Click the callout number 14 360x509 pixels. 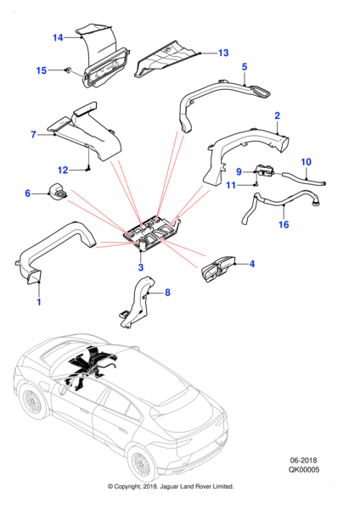pos(58,37)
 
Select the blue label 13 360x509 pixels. pos(223,53)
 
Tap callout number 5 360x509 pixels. pos(245,67)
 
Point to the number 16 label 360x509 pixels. pos(284,224)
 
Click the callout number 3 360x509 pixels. pos(141,267)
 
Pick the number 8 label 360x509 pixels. pos(167,293)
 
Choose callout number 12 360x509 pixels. pos(63,170)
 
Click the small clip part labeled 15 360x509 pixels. pos(69,70)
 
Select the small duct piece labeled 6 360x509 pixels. pos(58,192)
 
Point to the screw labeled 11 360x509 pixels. pos(256,184)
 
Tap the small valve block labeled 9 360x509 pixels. pos(266,171)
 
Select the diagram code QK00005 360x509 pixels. pos(304,469)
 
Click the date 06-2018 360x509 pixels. pos(303,461)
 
